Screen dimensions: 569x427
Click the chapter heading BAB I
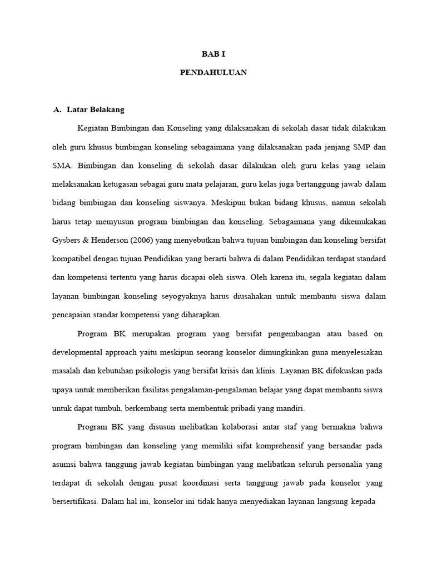(x=213, y=54)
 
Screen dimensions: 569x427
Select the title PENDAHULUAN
(x=213, y=72)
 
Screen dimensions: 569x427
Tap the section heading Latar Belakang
(x=96, y=109)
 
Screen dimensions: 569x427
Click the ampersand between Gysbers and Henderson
(x=90, y=240)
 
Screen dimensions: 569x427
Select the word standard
(x=368, y=258)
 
